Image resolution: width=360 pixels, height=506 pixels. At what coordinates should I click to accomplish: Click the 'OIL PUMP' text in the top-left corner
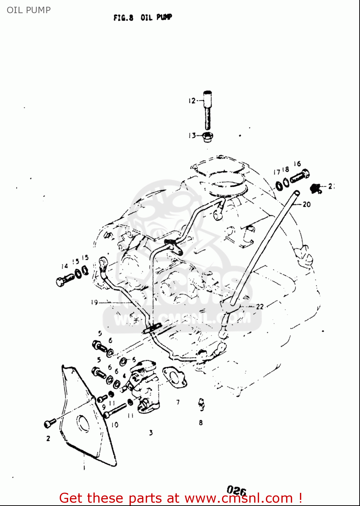click(29, 10)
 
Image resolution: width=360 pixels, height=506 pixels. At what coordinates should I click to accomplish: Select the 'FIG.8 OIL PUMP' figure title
click(142, 17)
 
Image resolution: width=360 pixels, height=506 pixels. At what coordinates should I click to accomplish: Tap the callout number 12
click(192, 101)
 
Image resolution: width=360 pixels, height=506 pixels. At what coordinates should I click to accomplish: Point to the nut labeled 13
click(207, 137)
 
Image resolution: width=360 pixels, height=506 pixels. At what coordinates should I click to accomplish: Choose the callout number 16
click(297, 164)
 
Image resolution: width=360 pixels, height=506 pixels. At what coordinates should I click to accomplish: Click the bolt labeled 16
click(300, 176)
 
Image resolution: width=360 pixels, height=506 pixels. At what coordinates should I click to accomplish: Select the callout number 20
click(306, 204)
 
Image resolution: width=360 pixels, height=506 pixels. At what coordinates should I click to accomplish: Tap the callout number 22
click(259, 307)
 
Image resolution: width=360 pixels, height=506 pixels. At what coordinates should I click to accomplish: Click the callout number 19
click(94, 302)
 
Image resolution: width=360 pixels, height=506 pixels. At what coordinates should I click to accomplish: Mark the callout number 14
click(64, 266)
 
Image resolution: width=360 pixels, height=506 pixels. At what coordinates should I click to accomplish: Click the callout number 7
click(178, 402)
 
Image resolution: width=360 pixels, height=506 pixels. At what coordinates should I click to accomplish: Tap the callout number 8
click(201, 423)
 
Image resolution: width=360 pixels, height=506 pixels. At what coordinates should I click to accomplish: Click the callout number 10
click(115, 425)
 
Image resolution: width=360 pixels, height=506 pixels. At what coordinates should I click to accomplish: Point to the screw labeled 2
click(50, 423)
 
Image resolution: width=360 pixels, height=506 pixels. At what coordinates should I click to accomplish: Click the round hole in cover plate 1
click(83, 424)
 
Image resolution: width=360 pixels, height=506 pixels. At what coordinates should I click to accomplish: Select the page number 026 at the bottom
click(236, 490)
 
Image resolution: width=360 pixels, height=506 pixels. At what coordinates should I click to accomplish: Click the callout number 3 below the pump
click(151, 432)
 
